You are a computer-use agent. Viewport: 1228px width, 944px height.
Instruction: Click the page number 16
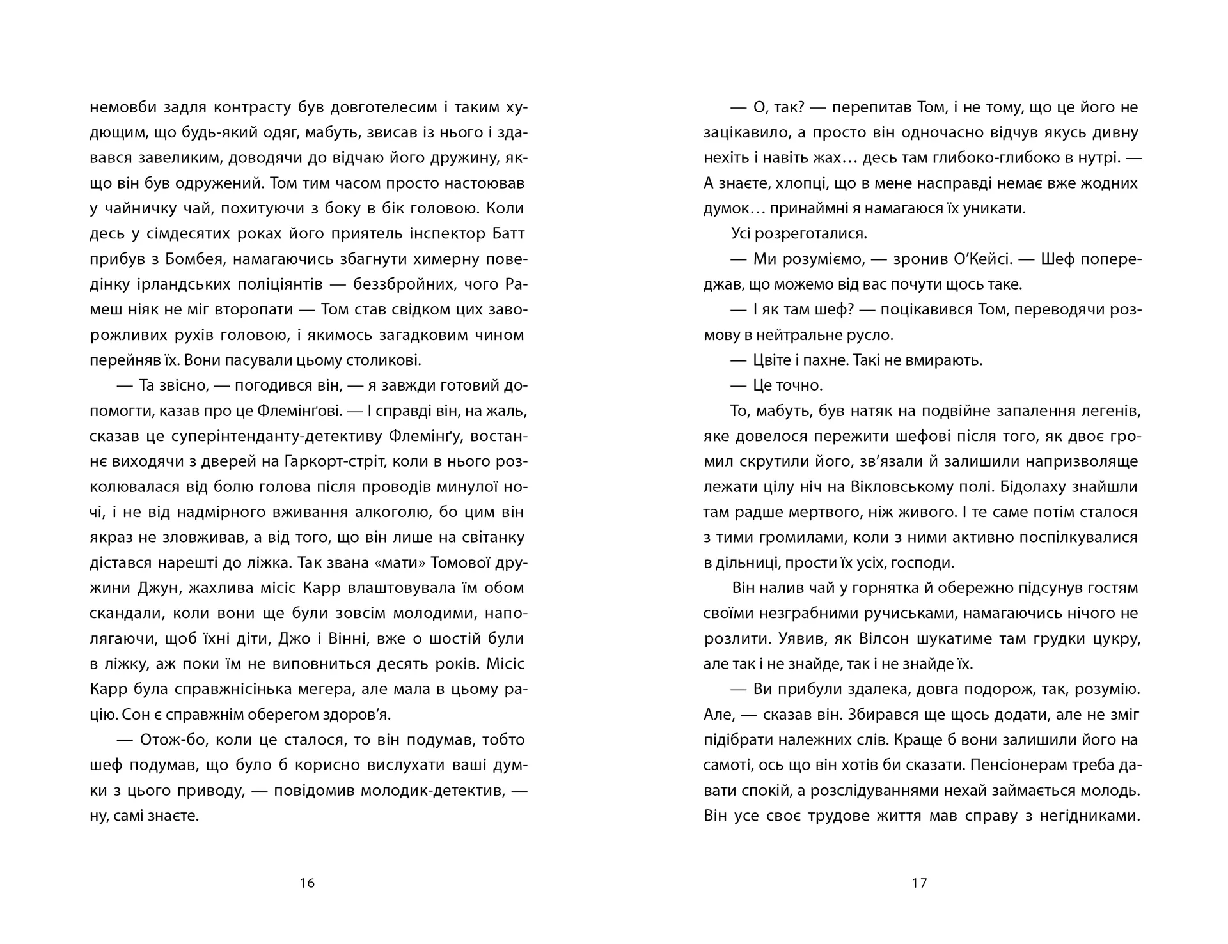click(x=307, y=883)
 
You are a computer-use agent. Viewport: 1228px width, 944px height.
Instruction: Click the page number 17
click(x=919, y=883)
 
